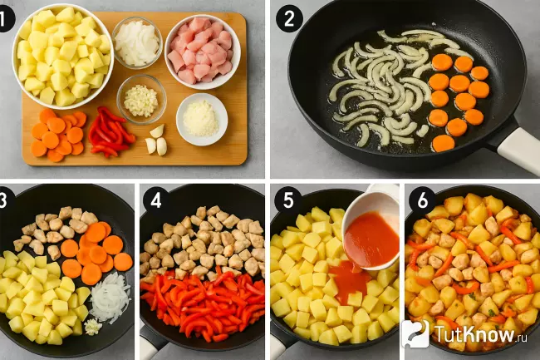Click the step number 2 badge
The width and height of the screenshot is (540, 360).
tap(289, 19)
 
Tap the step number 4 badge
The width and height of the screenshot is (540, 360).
tap(155, 200)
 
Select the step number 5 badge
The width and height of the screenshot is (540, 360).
tap(288, 200)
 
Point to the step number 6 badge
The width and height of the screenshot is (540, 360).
tap(422, 200)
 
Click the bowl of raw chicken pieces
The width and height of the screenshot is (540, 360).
tap(203, 52)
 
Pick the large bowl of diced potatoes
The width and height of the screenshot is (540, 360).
tap(62, 57)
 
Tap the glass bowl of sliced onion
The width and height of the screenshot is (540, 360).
tap(137, 42)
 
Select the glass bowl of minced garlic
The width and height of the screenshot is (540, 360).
tap(141, 99)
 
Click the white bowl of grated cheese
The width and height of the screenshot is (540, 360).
tap(202, 119)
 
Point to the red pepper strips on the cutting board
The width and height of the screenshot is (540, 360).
tap(110, 132)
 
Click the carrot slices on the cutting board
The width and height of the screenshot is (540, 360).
tap(58, 135)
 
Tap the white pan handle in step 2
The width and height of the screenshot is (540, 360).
tap(518, 149)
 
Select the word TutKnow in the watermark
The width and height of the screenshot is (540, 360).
tap(474, 334)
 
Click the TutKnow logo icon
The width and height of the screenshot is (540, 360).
tap(415, 333)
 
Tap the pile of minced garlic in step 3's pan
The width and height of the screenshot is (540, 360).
tap(93, 327)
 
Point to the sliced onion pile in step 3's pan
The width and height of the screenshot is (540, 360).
tap(110, 298)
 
